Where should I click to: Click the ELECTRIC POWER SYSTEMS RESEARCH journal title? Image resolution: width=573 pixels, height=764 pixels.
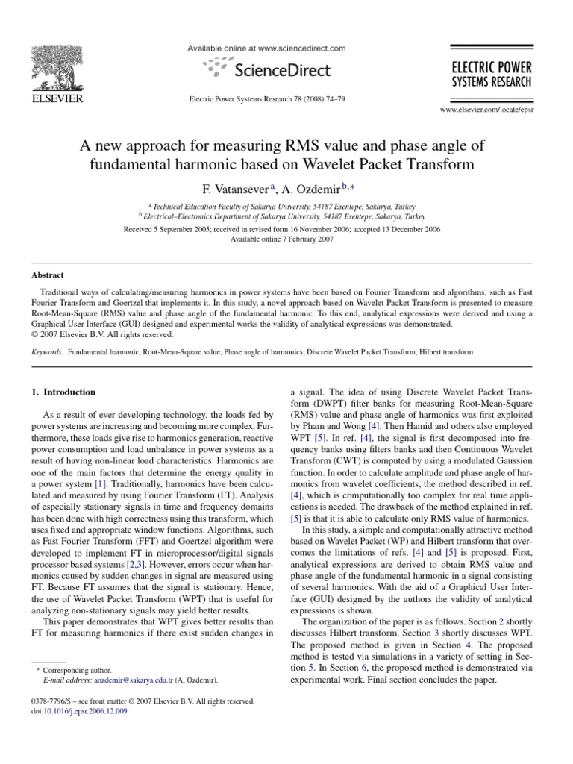point(489,74)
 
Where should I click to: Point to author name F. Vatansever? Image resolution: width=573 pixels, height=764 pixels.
point(221,187)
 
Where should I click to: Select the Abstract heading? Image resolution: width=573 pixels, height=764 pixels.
point(47,275)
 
